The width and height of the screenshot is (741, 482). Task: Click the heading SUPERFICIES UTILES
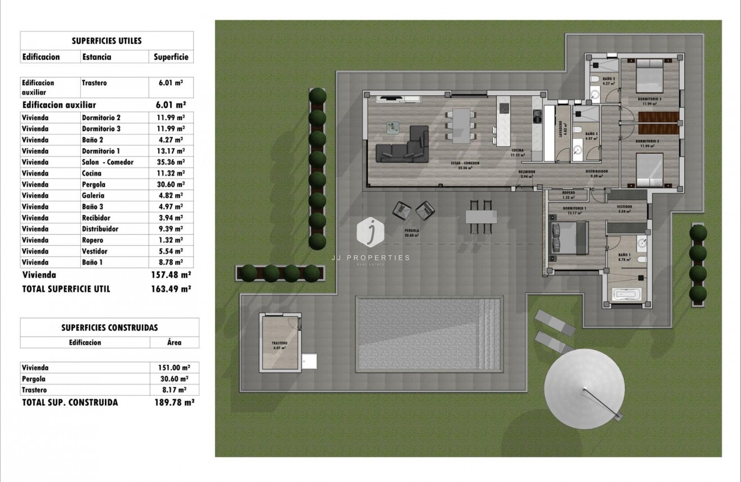107,41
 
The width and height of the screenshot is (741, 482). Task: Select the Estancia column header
97,57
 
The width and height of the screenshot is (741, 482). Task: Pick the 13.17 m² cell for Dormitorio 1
172,151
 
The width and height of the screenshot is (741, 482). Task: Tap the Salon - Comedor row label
108,162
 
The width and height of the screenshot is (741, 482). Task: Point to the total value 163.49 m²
172,289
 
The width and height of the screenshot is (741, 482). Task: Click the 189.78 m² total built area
174,402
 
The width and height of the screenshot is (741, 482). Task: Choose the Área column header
175,342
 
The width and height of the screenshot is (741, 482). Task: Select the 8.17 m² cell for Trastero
175,390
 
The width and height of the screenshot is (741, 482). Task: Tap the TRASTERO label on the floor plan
279,343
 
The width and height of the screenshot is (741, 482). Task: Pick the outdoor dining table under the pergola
481,217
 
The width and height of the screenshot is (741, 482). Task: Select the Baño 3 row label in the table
93,206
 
